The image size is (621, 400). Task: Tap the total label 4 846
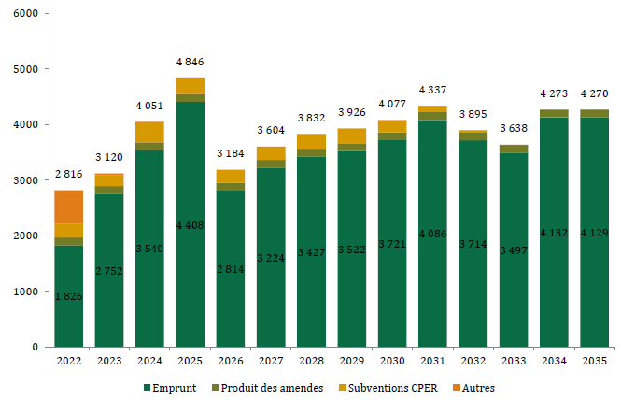coord(191,62)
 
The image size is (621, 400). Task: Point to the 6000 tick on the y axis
coord(26,14)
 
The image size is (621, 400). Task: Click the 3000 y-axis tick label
coord(26,180)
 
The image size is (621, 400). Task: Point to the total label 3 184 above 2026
coord(231,153)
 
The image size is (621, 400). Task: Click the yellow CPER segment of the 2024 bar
coord(149,132)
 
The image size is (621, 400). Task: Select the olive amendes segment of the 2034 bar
coord(554,113)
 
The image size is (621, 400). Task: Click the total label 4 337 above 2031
coord(432,90)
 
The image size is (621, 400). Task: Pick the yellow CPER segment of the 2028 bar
coord(311,141)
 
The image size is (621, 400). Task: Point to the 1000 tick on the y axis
coord(26,292)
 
